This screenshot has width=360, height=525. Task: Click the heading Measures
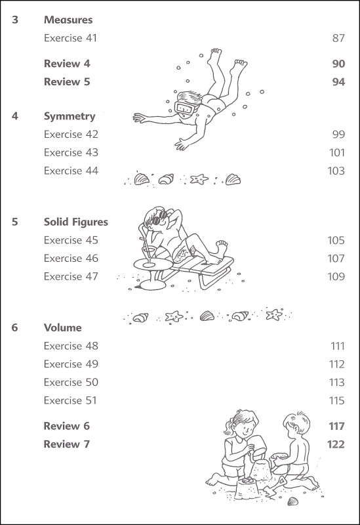(x=68, y=20)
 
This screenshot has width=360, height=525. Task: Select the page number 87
(x=338, y=38)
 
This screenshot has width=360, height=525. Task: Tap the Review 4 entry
(x=67, y=64)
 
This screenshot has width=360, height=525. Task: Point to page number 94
(x=338, y=82)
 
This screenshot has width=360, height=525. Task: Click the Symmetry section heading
(x=70, y=116)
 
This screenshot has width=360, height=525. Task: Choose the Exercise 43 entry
(x=71, y=152)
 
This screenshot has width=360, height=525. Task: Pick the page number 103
(x=336, y=171)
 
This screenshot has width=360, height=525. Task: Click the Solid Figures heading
(x=76, y=222)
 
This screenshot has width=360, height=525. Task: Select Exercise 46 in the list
(x=71, y=258)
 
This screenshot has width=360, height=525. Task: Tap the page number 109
(x=336, y=276)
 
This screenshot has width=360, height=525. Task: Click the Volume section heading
(x=63, y=327)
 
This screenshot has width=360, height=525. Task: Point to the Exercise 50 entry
(x=71, y=382)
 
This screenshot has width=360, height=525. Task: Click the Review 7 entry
(x=67, y=444)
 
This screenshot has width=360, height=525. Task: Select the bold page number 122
(x=336, y=444)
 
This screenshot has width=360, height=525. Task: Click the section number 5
(x=14, y=222)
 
